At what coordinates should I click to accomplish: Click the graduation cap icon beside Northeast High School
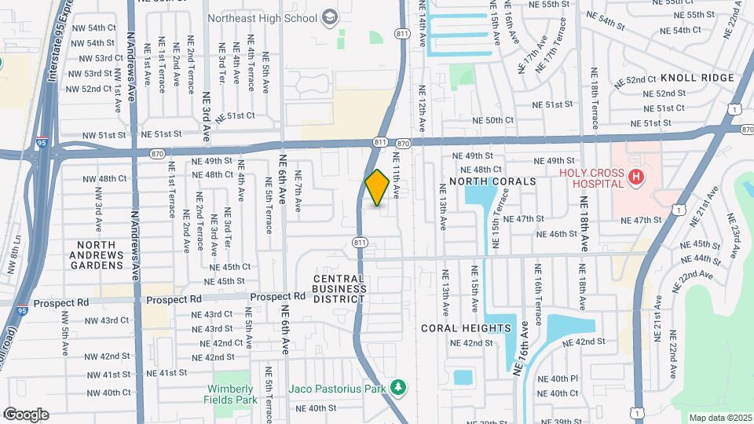pyautogui.click(x=329, y=16)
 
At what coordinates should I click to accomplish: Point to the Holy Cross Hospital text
pyautogui.click(x=591, y=179)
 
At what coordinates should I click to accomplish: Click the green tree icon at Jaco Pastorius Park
pyautogui.click(x=399, y=387)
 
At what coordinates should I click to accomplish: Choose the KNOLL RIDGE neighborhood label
pyautogui.click(x=697, y=78)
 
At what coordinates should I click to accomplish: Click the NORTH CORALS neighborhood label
pyautogui.click(x=492, y=181)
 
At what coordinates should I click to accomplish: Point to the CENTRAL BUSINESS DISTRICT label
pyautogui.click(x=340, y=288)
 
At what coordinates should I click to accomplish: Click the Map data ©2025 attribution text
pyautogui.click(x=720, y=418)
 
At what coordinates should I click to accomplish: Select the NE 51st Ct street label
pyautogui.click(x=236, y=115)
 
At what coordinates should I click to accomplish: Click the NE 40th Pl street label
pyautogui.click(x=558, y=378)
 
